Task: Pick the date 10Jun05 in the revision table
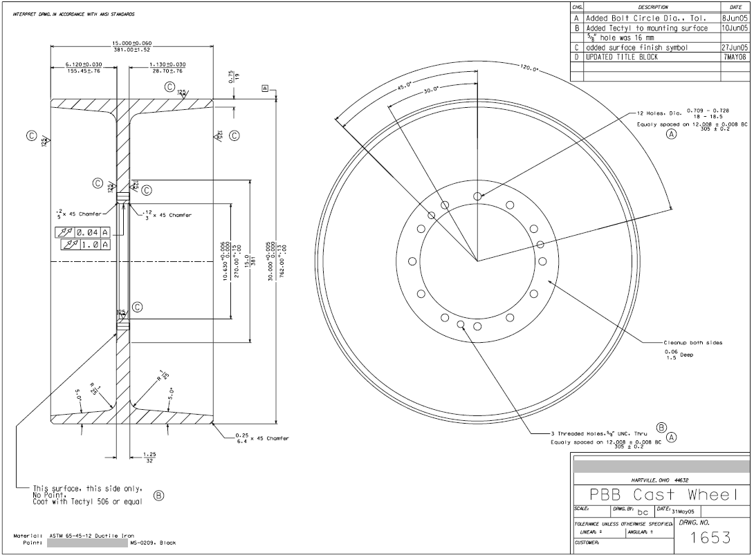pyautogui.click(x=735, y=28)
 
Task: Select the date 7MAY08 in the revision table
pyautogui.click(x=735, y=57)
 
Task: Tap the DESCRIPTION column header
pyautogui.click(x=643, y=6)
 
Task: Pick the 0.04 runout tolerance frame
pyautogui.click(x=82, y=232)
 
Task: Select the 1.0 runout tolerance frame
pyautogui.click(x=86, y=245)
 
